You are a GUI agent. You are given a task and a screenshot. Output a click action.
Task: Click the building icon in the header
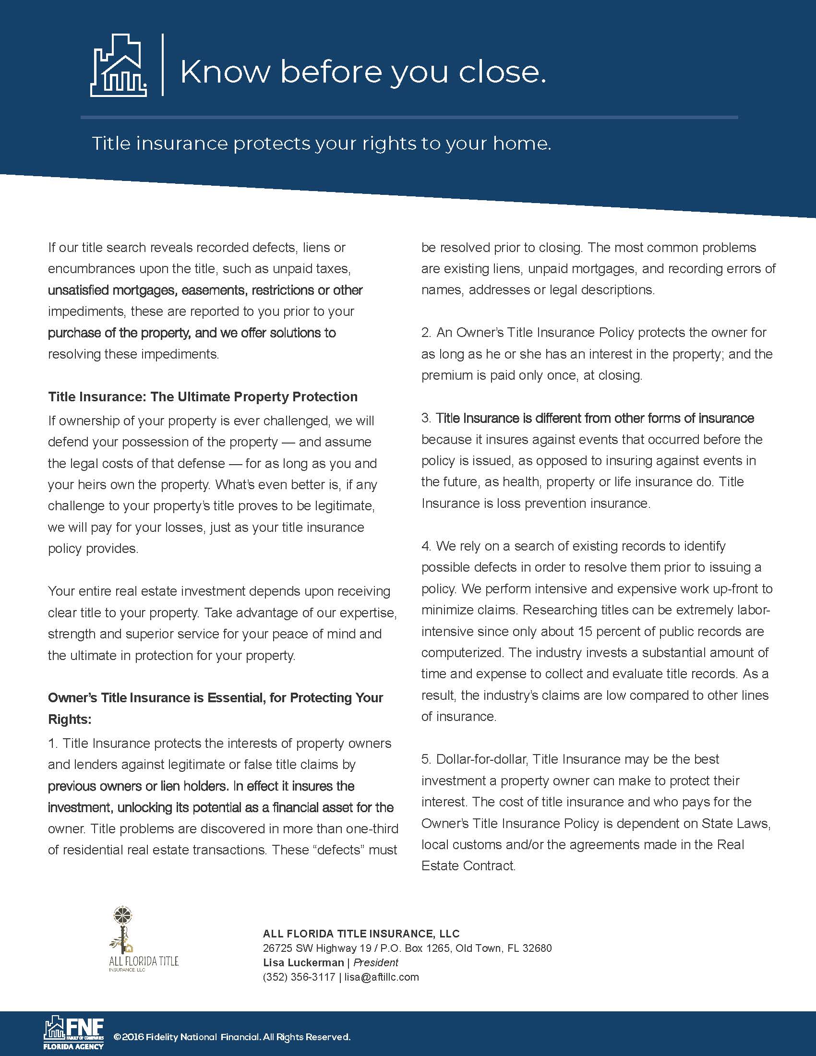(119, 65)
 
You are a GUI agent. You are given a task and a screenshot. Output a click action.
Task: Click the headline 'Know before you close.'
(363, 72)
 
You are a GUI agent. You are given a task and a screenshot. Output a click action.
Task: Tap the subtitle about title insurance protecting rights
(321, 144)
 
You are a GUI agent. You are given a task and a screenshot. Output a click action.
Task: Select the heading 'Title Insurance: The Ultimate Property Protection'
(203, 397)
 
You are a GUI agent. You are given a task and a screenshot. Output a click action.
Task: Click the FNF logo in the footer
(74, 1032)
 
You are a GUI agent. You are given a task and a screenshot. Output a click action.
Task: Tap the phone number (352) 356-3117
(299, 977)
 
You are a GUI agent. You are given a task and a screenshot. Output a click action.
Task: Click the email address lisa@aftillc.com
(382, 977)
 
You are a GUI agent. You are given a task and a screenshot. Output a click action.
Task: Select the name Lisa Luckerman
(303, 962)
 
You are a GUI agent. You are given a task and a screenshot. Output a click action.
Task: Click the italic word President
(376, 962)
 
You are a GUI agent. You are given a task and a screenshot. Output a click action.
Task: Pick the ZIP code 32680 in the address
(537, 948)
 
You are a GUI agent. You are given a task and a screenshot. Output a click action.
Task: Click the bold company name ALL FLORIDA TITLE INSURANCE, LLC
(361, 934)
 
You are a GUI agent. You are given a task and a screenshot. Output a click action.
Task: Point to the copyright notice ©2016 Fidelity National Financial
(231, 1037)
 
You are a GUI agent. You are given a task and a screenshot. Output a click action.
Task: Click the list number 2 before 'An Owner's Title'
(425, 333)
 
